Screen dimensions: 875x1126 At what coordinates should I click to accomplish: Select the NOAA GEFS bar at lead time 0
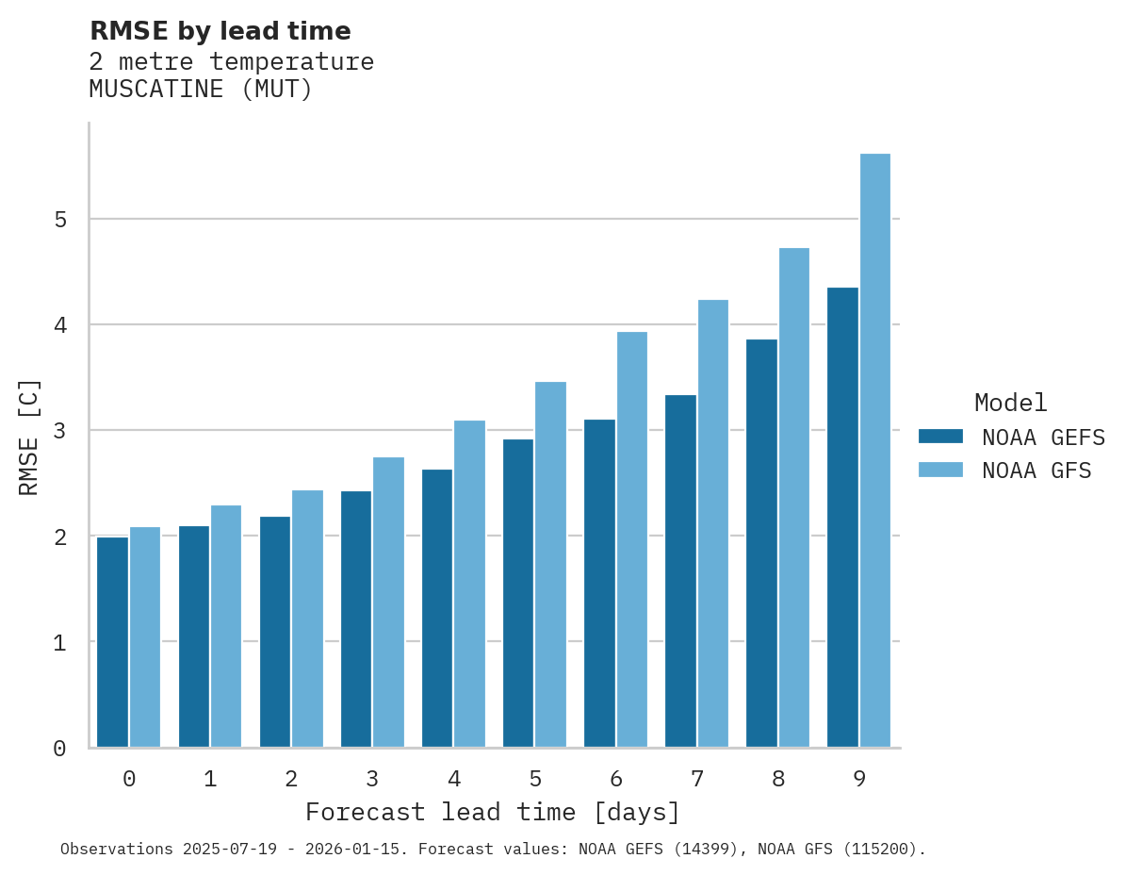pyautogui.click(x=112, y=642)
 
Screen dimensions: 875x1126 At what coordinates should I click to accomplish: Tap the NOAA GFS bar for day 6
pyautogui.click(x=632, y=539)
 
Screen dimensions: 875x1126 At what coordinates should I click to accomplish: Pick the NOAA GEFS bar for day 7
pyautogui.click(x=680, y=570)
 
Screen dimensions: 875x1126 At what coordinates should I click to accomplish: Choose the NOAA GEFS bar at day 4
pyautogui.click(x=437, y=608)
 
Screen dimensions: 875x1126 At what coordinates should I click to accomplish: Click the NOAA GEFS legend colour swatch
pyautogui.click(x=940, y=437)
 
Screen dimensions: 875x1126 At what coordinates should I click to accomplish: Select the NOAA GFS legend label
pyautogui.click(x=1036, y=471)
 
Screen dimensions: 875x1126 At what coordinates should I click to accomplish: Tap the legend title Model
pyautogui.click(x=1010, y=404)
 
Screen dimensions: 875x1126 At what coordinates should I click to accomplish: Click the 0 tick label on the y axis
pyautogui.click(x=58, y=749)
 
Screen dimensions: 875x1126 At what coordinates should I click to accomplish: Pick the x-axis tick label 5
pyautogui.click(x=535, y=780)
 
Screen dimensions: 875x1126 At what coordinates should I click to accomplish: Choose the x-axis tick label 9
pyautogui.click(x=859, y=780)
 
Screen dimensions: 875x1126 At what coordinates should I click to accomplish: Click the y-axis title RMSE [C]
pyautogui.click(x=29, y=437)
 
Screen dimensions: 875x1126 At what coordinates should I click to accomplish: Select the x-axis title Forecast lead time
pyautogui.click(x=492, y=812)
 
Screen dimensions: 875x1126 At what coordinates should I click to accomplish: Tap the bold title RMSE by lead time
pyautogui.click(x=220, y=31)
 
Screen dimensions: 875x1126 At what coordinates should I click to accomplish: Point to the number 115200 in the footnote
pyautogui.click(x=879, y=850)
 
